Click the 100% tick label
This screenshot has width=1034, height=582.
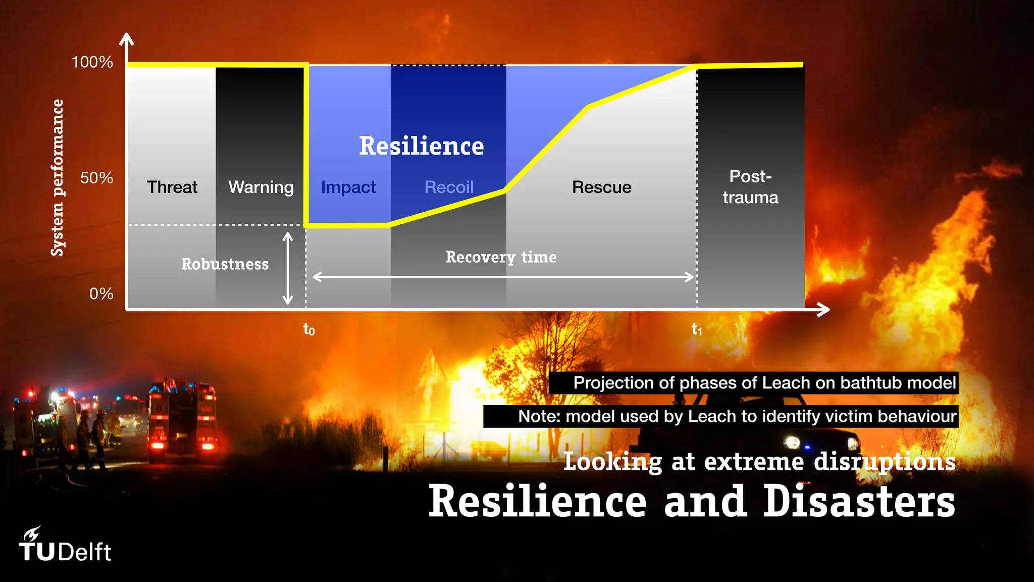point(92,62)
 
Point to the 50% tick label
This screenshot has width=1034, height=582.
point(96,178)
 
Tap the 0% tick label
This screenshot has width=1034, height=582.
point(101,294)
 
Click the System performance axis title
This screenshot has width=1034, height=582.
point(58,177)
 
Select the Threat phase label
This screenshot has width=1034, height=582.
point(172,187)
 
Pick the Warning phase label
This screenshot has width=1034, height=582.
point(261,187)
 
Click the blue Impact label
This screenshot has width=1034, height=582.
point(348,187)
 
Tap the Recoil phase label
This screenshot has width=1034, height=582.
point(449,187)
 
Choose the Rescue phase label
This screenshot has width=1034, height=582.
point(601,187)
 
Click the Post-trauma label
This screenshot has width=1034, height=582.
point(750,187)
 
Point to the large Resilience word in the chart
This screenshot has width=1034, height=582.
point(421,146)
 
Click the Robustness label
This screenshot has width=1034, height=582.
point(225,264)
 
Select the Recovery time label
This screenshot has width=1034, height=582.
point(501,257)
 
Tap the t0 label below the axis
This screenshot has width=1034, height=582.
point(308,329)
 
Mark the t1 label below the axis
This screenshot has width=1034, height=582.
point(697,329)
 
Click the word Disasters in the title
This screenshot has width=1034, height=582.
point(859,501)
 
